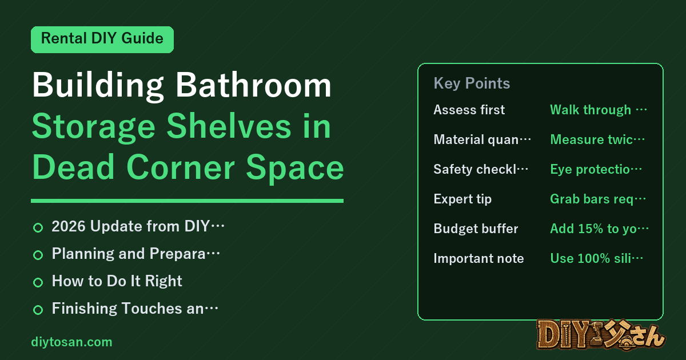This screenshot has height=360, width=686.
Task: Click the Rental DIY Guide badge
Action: [x=102, y=39]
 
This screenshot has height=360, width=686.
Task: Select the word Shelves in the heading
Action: [x=229, y=127]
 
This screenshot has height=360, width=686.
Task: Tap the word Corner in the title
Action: [x=181, y=168]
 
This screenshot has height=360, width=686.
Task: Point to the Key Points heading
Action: [x=472, y=83]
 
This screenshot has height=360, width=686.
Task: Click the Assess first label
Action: [x=469, y=110]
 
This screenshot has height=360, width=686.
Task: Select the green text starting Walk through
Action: [x=599, y=110]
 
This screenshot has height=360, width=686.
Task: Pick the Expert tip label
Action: [x=462, y=199]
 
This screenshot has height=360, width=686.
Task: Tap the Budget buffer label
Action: [x=476, y=229]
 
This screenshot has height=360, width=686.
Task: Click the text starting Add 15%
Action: [x=599, y=229]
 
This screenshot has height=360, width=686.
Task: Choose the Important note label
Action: [x=478, y=258]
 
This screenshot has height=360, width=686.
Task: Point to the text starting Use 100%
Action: [x=597, y=258]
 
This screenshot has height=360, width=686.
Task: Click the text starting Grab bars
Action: [x=598, y=199]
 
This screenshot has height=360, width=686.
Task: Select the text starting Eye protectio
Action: [x=596, y=169]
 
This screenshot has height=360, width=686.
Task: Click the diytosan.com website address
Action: [x=71, y=342]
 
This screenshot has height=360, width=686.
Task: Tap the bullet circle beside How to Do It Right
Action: [x=38, y=282]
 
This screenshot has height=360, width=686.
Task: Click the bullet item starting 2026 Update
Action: [x=138, y=226]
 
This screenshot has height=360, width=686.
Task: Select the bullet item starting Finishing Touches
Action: [x=135, y=308]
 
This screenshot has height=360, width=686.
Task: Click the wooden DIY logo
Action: [x=601, y=335]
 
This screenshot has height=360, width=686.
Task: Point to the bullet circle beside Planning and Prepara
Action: [x=38, y=255]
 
